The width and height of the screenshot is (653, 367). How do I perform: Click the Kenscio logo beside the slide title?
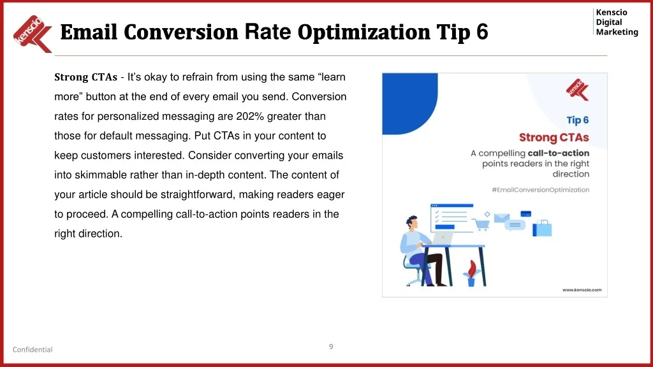(x=33, y=34)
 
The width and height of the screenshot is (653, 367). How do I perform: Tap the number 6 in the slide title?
(x=482, y=32)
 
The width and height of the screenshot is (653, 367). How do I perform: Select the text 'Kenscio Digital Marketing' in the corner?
(x=617, y=22)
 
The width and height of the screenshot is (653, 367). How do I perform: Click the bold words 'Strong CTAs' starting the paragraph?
(x=86, y=77)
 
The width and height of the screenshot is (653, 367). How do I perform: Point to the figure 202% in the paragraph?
(x=250, y=117)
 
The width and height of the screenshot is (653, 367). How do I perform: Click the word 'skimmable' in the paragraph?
(x=101, y=175)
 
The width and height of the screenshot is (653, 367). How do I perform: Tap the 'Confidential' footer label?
(x=33, y=350)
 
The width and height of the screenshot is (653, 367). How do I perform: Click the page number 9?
(x=331, y=347)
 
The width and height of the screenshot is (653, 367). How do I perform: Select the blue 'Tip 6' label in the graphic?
(x=578, y=120)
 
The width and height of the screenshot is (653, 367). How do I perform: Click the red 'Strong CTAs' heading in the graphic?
(x=554, y=138)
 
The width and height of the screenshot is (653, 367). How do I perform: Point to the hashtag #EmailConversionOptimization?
(x=541, y=190)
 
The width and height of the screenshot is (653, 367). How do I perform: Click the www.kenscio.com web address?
(x=582, y=290)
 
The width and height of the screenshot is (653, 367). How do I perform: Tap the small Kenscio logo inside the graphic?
(x=578, y=90)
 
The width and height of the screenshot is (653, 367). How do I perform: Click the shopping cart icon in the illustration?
(x=482, y=225)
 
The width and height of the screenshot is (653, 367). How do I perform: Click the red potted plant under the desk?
(x=471, y=273)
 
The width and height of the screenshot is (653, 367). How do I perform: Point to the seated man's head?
(x=412, y=222)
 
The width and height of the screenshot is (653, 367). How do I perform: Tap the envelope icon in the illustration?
(x=501, y=218)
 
